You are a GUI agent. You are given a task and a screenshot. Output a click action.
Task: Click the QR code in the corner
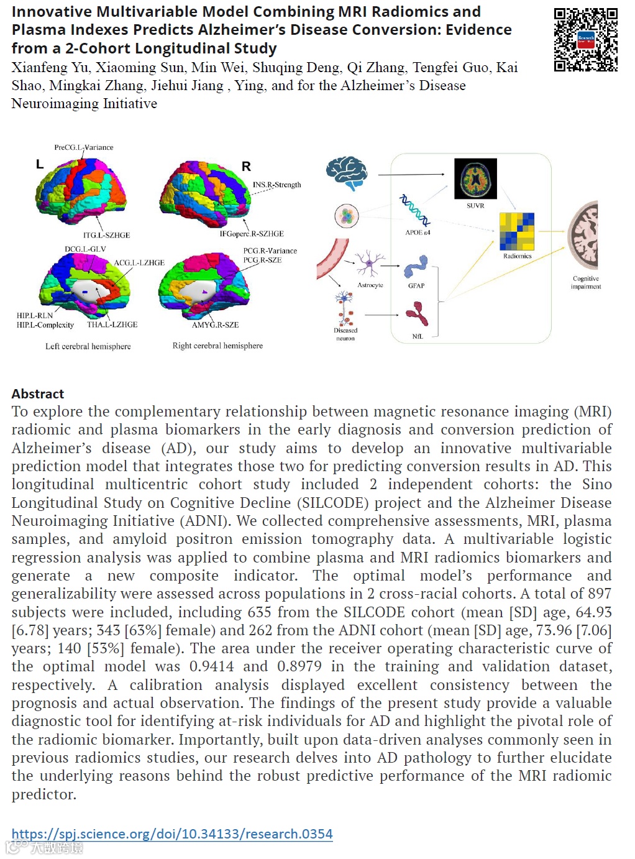point(585,40)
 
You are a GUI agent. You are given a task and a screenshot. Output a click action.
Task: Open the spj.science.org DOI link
point(172,834)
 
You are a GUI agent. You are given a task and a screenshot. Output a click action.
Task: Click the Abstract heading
point(38,393)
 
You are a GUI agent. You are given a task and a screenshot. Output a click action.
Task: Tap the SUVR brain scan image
point(475,178)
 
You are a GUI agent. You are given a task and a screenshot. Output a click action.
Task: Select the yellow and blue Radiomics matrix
point(517,231)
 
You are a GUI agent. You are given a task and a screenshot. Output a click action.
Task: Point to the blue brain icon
point(347,172)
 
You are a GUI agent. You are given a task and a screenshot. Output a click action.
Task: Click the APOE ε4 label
point(418,232)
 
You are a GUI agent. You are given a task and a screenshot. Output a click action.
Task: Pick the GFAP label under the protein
point(416,286)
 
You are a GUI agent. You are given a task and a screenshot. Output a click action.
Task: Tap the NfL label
point(418,336)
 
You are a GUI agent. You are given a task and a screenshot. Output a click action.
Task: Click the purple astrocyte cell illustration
point(369,264)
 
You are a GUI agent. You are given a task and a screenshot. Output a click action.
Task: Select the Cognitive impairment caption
point(586,283)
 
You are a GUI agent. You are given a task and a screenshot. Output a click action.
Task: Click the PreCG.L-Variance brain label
point(84,147)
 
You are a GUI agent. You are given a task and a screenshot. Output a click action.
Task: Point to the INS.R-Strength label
point(276,185)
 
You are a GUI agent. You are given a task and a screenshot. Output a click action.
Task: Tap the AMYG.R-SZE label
point(215,324)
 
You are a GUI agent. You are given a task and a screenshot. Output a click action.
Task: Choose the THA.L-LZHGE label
point(112,324)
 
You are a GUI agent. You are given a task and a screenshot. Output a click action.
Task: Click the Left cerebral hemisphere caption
point(88,346)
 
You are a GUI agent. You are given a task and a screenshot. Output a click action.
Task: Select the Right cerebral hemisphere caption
point(217,346)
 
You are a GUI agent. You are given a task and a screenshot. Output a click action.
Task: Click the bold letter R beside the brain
point(246,167)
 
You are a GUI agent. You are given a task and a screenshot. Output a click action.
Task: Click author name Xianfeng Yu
point(50,67)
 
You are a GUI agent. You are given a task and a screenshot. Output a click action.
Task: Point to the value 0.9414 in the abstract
point(211,666)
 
